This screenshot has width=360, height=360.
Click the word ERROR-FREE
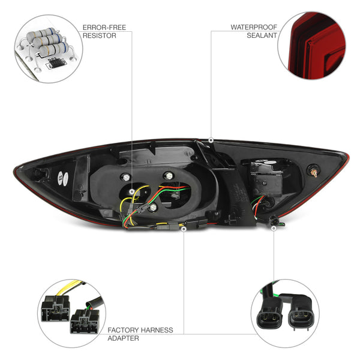(x=104, y=28)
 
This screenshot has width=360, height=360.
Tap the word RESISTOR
(x=100, y=35)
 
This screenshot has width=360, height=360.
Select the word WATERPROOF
(x=254, y=27)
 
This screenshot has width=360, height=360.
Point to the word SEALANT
(x=262, y=35)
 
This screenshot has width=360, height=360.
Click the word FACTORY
(x=123, y=330)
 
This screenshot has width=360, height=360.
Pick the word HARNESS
(x=157, y=330)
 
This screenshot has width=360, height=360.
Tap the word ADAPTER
(x=123, y=338)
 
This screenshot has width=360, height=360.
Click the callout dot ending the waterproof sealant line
(x=211, y=140)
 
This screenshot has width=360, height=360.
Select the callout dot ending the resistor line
(x=132, y=191)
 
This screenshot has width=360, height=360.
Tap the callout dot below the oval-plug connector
(x=274, y=228)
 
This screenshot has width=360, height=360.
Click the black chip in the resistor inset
(x=56, y=62)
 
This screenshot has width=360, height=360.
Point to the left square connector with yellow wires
(x=55, y=308)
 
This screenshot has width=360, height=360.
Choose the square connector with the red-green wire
(x=85, y=321)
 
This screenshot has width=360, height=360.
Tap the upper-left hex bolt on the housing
(x=126, y=178)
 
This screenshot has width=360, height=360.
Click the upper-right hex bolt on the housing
(x=169, y=176)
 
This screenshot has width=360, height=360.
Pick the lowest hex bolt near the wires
(x=152, y=208)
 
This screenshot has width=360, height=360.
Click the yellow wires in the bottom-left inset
(x=70, y=287)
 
